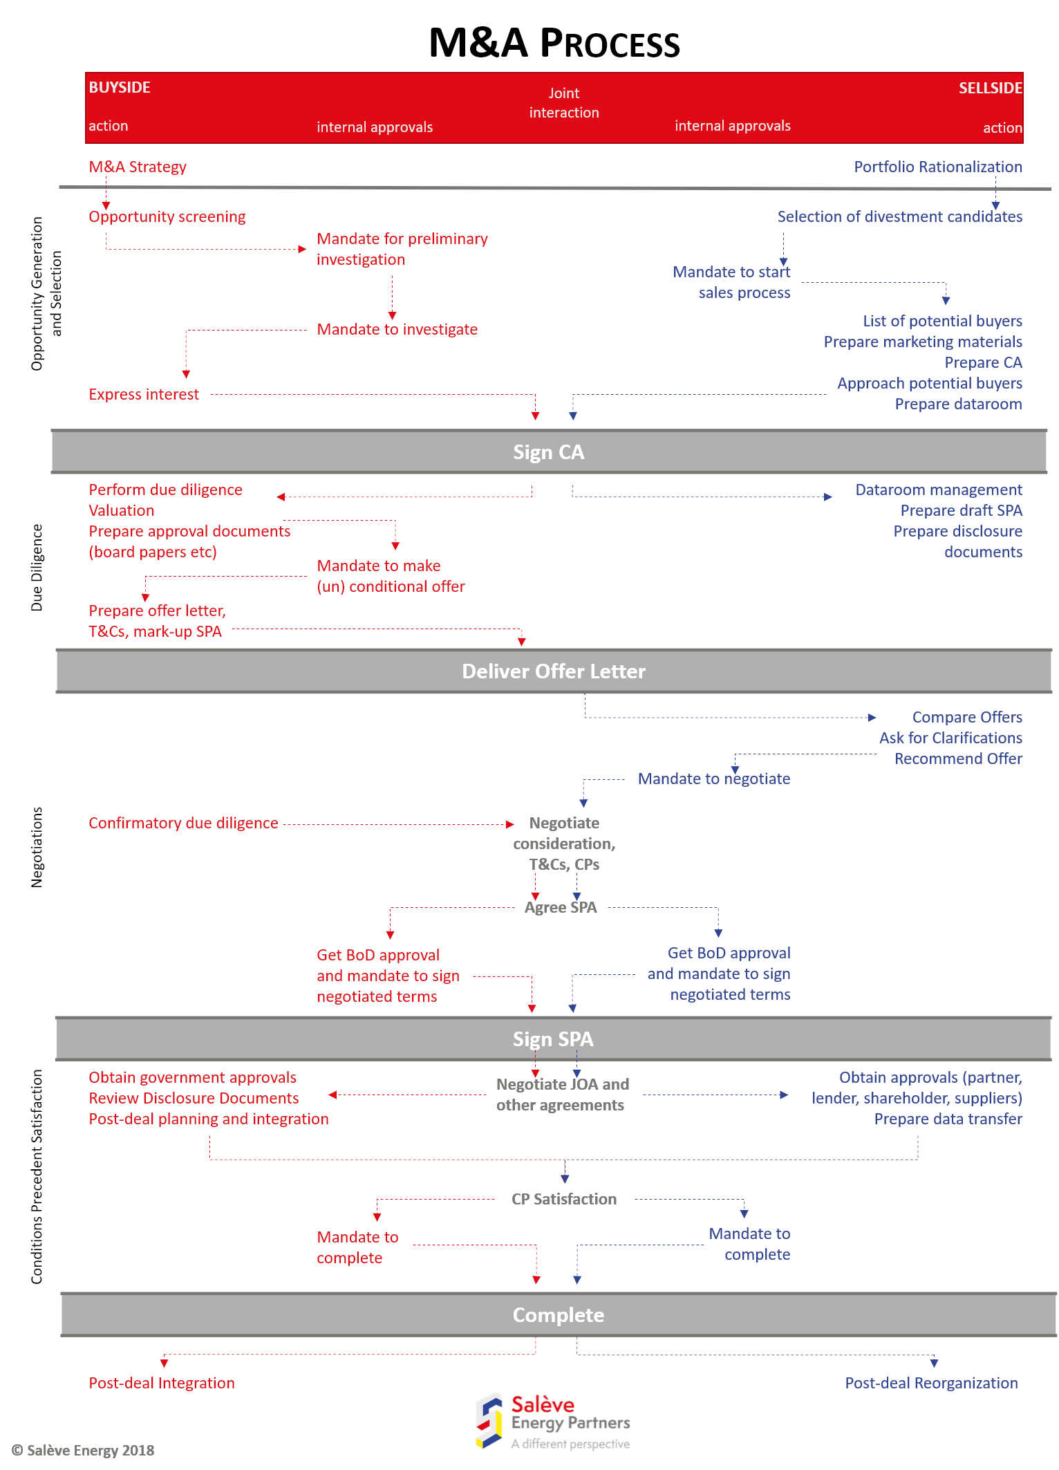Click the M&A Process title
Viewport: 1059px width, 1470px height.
tap(554, 43)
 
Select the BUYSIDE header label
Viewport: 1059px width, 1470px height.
tap(120, 87)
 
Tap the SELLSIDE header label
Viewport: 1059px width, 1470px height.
tap(990, 88)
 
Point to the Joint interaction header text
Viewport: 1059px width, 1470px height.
tap(564, 103)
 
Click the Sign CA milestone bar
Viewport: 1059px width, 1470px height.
tap(548, 452)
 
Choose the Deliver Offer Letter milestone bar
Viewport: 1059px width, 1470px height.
tap(554, 671)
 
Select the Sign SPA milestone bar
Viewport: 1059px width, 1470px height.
tap(553, 1039)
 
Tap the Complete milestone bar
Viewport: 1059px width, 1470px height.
tap(558, 1315)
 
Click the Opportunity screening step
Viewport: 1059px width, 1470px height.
tap(167, 216)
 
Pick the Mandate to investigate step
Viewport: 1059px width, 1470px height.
tap(397, 329)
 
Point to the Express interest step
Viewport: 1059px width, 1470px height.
tap(144, 394)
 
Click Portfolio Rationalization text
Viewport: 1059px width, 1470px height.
tap(937, 167)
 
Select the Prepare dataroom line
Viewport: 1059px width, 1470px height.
tap(958, 404)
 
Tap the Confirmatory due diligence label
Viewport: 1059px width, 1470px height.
tap(183, 823)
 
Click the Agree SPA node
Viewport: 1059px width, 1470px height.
tap(561, 907)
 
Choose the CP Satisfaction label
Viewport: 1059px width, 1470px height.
tap(564, 1199)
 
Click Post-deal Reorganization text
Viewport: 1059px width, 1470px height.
tap(931, 1383)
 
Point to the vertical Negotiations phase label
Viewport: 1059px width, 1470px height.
tap(37, 847)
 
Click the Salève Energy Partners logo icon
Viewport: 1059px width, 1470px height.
tap(489, 1421)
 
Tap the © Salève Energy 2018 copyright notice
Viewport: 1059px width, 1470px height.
tap(83, 1450)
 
